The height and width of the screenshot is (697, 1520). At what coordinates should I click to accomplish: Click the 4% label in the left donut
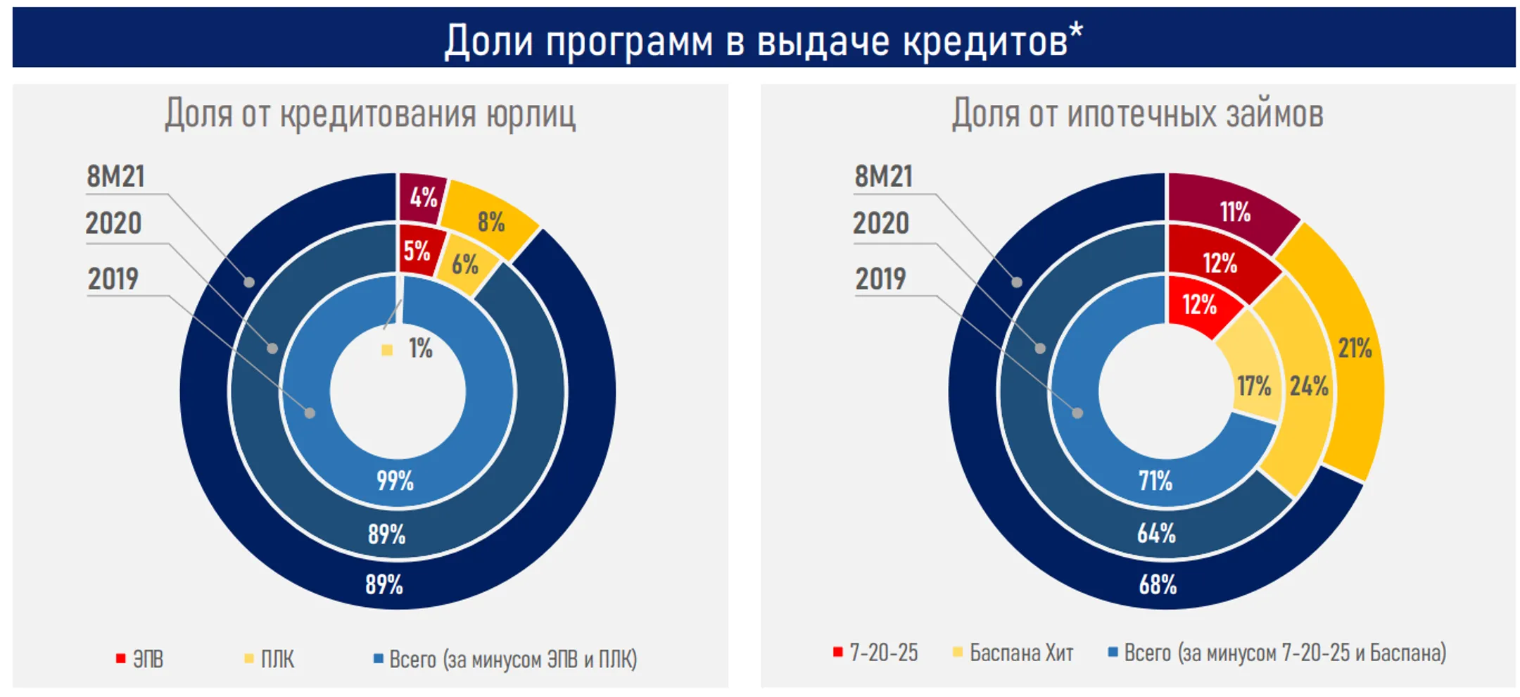coord(424,198)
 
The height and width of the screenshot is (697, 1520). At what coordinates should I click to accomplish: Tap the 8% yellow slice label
coord(491,222)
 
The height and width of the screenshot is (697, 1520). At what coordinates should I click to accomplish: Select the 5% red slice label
coord(417,251)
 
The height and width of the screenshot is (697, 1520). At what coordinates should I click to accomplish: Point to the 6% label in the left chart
coord(464,265)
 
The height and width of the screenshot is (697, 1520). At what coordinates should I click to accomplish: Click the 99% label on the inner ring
coord(395,481)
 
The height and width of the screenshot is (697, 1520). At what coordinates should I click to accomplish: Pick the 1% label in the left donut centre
coord(420,348)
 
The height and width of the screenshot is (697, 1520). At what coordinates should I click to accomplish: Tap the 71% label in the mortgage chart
coord(1155,481)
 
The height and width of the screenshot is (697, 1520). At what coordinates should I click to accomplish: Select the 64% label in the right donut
coord(1156,533)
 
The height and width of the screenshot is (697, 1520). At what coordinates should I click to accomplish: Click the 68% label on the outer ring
coord(1158,584)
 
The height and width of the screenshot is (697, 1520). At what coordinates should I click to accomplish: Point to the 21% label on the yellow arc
coord(1355,348)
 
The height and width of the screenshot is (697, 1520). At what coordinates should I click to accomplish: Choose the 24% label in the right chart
coord(1309,387)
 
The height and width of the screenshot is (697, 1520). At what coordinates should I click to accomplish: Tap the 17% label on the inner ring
coord(1254,387)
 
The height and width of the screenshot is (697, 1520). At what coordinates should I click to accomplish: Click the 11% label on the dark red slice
coord(1235,212)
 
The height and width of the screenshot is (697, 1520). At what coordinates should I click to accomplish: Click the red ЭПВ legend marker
coord(121,659)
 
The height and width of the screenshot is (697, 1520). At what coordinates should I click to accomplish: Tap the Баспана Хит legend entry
coord(1020,653)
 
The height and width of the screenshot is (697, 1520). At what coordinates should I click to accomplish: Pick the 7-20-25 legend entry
coord(883,653)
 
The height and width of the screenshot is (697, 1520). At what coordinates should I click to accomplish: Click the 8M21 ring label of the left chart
coord(115,177)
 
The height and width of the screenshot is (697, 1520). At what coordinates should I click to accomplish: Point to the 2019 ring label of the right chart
coord(880,280)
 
